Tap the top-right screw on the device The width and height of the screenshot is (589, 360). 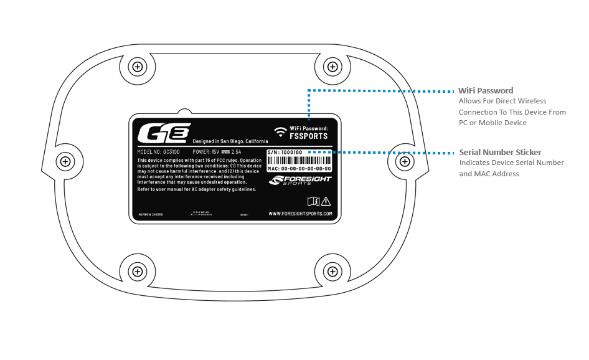click(332, 67)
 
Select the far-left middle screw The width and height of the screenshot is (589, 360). click(65, 162)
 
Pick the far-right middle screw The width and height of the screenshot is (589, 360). click(405, 162)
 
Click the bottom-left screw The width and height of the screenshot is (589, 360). click(138, 271)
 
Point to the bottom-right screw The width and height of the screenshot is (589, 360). click(332, 271)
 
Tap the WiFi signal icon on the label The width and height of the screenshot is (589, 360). click(280, 131)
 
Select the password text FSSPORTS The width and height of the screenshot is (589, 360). click(309, 136)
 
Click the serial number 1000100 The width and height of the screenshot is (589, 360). click(291, 152)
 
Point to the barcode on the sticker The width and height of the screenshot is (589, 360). click(299, 160)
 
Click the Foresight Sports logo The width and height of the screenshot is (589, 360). click(300, 181)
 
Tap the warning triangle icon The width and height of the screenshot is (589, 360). click(326, 201)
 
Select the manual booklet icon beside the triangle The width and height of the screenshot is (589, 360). click(313, 201)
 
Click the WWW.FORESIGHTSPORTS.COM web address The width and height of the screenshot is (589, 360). click(300, 214)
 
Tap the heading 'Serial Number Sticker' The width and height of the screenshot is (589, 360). click(500, 152)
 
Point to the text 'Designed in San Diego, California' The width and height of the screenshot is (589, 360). click(230, 141)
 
